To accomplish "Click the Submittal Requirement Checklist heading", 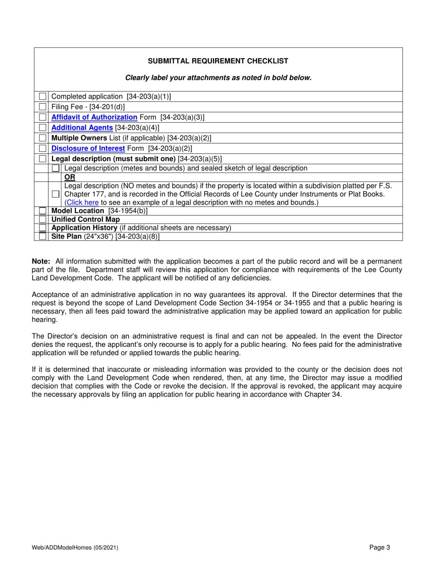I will pos(218,61).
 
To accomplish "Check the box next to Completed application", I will pos(43,97).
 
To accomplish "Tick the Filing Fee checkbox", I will pos(43,107).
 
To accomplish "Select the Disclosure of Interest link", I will pos(88,148).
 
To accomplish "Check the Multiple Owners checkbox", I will pos(43,138).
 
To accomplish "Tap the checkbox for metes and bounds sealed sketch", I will pos(55,168).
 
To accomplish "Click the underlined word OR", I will pos(69,177).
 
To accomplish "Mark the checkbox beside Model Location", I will pos(43,211).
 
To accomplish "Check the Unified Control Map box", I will pos(43,219).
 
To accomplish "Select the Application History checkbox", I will pos(43,228).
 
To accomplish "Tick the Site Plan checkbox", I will pos(43,236).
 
